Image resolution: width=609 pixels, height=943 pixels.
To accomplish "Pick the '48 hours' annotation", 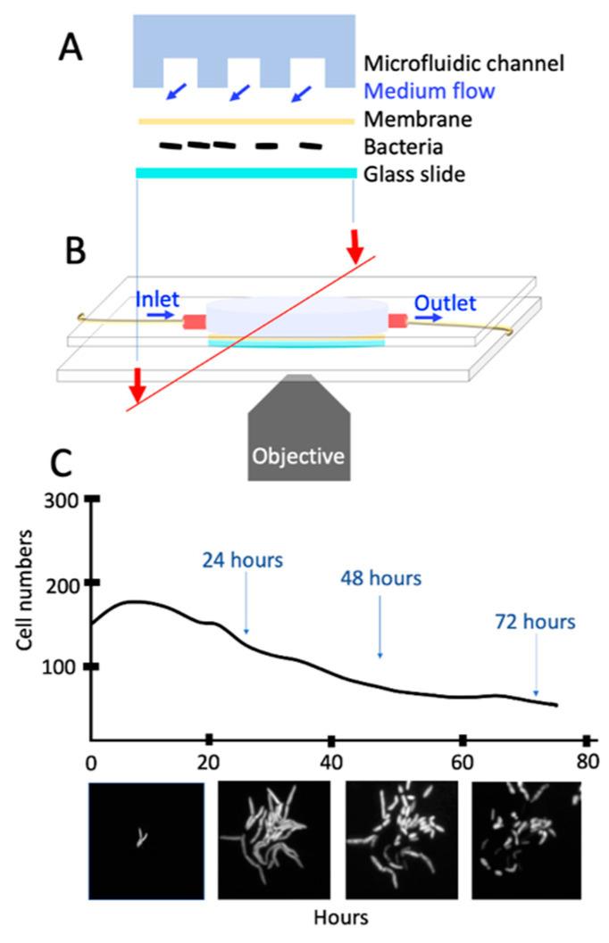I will point(380,578).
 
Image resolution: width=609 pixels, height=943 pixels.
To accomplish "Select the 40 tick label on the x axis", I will point(330,763).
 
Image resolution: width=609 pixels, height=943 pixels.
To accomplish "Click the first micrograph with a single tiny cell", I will point(146,839).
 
